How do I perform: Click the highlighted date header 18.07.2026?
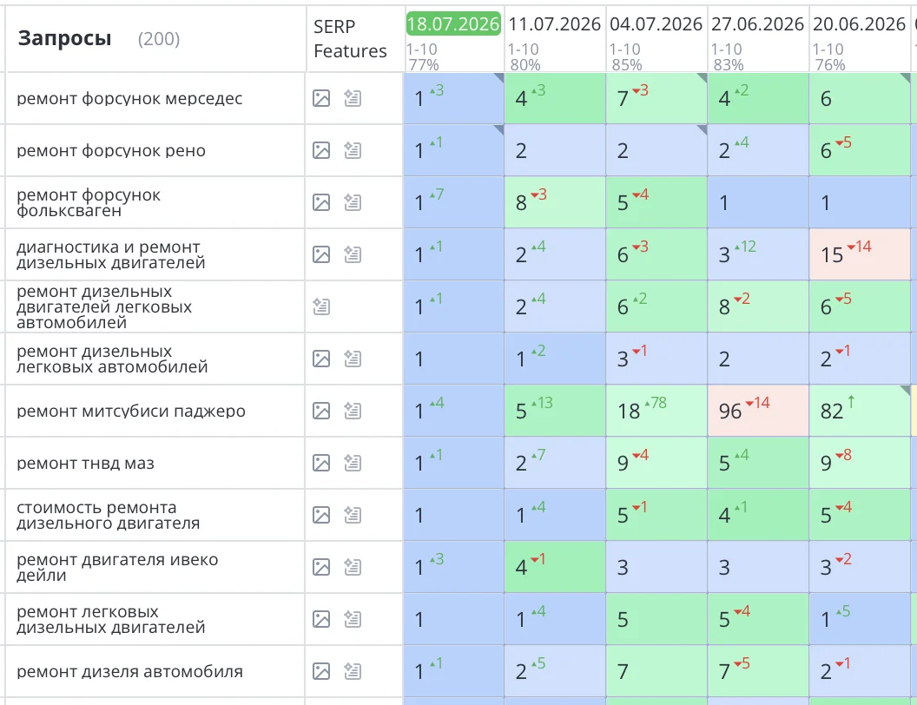(453, 24)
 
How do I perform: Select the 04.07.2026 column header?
(656, 24)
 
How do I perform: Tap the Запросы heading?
(64, 38)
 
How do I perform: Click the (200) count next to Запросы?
(159, 39)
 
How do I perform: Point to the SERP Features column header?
(350, 38)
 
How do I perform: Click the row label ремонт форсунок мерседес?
(129, 98)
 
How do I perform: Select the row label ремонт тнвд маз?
(85, 463)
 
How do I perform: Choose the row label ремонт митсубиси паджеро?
(131, 411)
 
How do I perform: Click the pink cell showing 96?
(758, 411)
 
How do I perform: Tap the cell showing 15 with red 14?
(860, 254)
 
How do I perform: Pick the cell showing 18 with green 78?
(656, 411)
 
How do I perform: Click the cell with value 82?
(860, 411)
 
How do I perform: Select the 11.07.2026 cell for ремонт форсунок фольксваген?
(555, 202)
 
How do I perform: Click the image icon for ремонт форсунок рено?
(321, 150)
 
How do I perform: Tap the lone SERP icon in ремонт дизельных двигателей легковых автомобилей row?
(321, 306)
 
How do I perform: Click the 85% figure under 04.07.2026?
(626, 65)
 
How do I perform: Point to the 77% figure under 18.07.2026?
(424, 65)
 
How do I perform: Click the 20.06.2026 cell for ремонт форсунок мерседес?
(860, 98)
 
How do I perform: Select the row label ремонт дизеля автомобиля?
(129, 671)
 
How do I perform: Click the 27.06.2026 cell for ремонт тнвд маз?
(758, 463)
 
